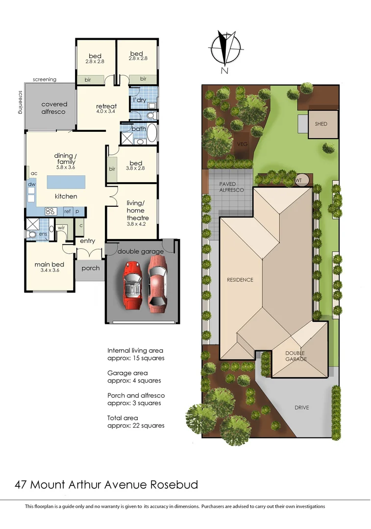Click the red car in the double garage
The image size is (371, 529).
[132, 284]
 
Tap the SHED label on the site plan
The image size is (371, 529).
[321, 124]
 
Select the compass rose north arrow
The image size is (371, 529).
[225, 48]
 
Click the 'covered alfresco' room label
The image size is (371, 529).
[54, 108]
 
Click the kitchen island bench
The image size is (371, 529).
[66, 182]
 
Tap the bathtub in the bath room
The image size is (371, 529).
[151, 133]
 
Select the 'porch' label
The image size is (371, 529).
[91, 268]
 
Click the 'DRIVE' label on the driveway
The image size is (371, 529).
[302, 408]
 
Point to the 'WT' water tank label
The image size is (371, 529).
[298, 180]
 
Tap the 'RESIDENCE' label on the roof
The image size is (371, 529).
[240, 280]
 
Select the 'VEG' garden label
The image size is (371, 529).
[242, 144]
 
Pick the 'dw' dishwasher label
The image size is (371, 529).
[31, 184]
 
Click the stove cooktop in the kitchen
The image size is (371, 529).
[50, 212]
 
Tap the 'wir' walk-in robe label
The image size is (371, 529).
[62, 228]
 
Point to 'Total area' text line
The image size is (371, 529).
[123, 418]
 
